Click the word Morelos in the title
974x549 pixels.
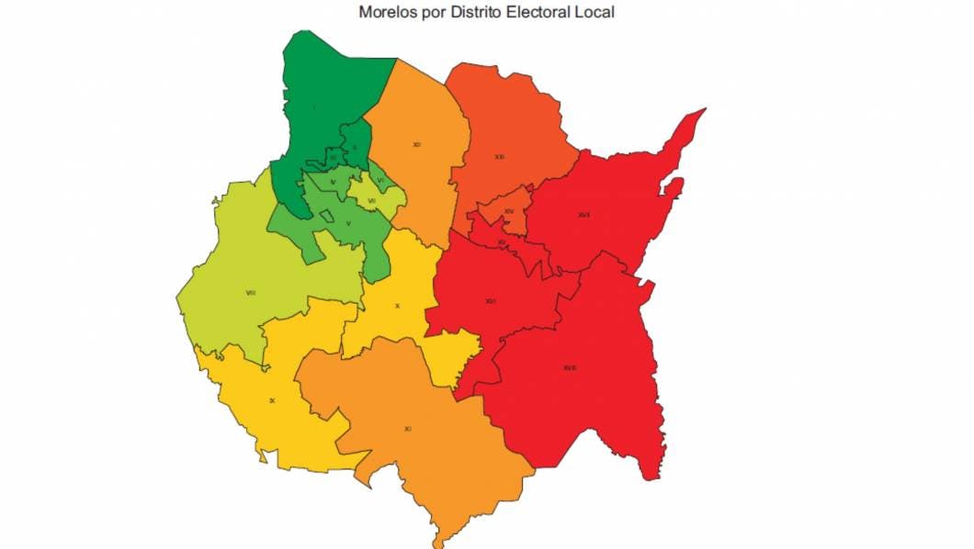click(384, 12)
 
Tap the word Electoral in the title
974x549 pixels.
click(537, 12)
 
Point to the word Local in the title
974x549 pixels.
click(594, 12)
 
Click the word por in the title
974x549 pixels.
click(426, 12)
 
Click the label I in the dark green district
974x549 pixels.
click(313, 108)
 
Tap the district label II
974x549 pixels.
click(354, 147)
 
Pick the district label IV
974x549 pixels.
click(333, 182)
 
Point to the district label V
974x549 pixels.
click(348, 223)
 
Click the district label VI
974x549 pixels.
click(379, 180)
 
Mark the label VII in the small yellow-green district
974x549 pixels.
click(371, 200)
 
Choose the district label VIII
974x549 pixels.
click(251, 293)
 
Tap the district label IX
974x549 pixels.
click(272, 400)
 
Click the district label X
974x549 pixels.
click(397, 306)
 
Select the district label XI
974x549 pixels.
click(407, 429)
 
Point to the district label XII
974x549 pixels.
click(416, 144)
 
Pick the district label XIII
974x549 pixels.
click(499, 157)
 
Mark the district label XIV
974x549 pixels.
click(508, 211)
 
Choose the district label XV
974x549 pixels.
click(502, 242)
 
